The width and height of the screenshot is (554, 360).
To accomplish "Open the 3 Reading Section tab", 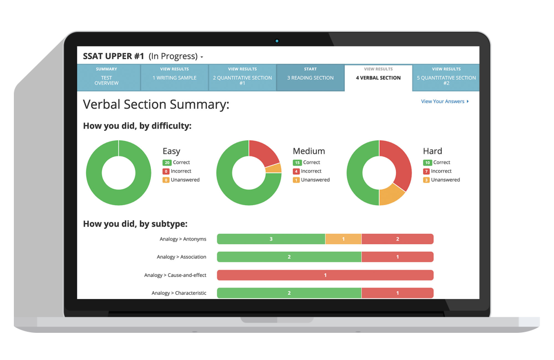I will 310,78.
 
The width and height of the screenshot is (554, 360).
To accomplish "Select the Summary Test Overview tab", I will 106,78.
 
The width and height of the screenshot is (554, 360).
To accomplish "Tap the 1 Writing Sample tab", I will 174,78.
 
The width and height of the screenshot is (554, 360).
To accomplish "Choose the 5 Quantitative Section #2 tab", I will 446,78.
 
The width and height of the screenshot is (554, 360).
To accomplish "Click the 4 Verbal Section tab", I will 378,78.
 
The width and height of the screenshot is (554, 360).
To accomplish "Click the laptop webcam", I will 277,41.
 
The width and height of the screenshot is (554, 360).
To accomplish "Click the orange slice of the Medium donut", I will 274,168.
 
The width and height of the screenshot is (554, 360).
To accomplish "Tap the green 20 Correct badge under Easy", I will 166,163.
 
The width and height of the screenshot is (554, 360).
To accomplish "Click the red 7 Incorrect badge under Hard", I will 426,171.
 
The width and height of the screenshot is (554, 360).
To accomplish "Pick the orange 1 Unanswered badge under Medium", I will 296,180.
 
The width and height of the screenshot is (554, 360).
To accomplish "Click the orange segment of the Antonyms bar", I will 343,239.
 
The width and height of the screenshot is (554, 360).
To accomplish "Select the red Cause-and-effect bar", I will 325,275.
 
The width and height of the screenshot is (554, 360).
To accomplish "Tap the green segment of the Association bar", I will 289,257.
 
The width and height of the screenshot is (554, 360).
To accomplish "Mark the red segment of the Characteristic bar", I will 397,293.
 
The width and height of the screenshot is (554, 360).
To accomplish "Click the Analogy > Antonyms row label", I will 183,239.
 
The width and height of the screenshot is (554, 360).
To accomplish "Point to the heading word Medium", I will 309,151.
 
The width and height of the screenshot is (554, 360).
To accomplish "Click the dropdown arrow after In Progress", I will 202,57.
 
